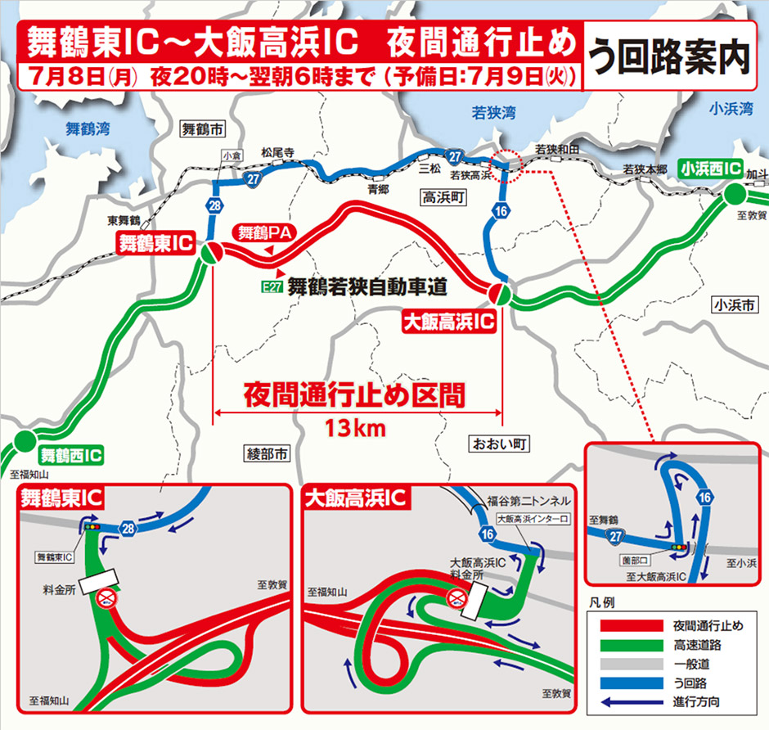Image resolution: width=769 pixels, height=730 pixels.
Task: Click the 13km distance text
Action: (354, 427)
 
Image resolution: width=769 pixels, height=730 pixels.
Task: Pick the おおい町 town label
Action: (497, 444)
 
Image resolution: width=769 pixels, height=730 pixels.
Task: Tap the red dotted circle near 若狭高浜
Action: (508, 162)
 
